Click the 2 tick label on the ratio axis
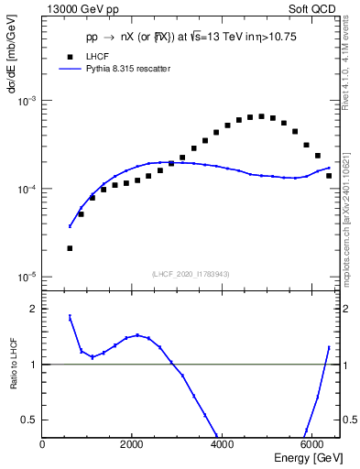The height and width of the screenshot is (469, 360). click(33, 309)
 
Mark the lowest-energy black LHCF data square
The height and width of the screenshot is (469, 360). click(70, 248)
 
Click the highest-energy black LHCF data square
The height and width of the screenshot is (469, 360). click(328, 175)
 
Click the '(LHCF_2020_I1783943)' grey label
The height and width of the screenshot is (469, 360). click(191, 274)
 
